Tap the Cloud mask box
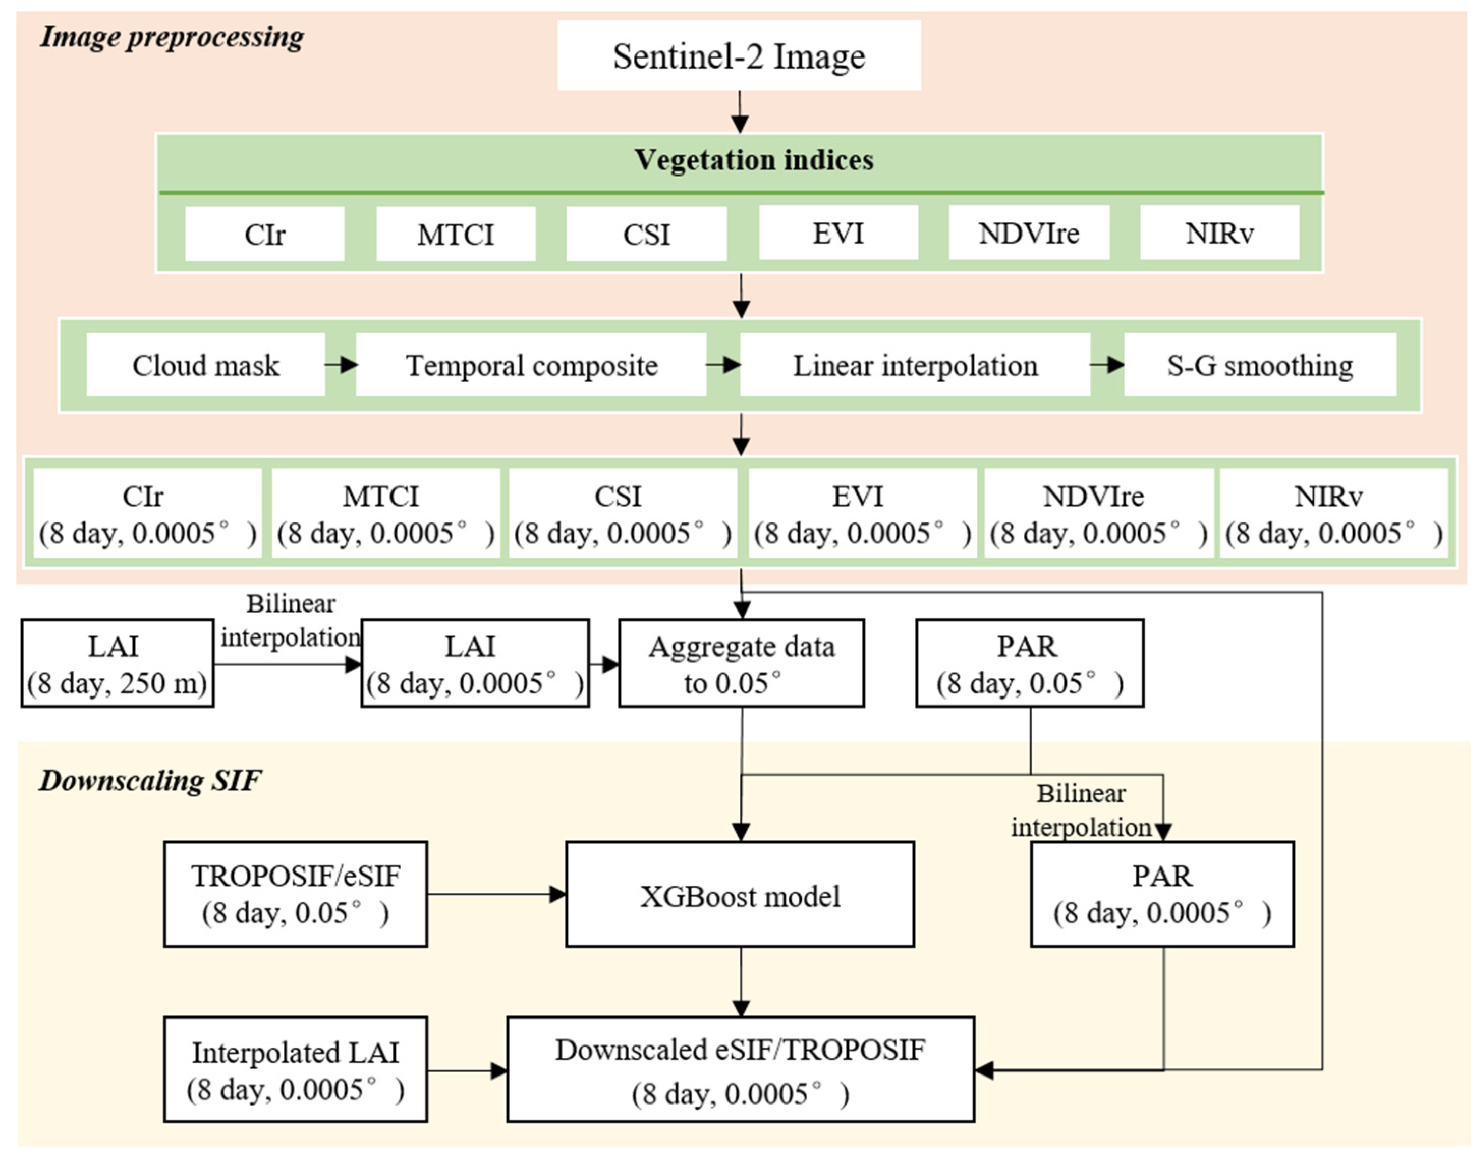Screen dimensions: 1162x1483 coord(206,365)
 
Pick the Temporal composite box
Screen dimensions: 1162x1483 coord(531,365)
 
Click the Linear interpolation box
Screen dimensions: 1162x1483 coord(915,365)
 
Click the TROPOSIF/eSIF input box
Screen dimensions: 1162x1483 coord(295,894)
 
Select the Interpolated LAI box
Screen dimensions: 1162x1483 coord(295,1070)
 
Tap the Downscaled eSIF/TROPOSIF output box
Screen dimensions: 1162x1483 coord(740,1070)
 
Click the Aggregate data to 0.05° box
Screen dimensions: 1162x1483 coord(741,663)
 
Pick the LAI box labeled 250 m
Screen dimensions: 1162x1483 coord(117,663)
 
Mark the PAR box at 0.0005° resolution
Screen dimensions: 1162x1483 coord(1162,894)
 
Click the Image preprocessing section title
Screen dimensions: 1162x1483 coord(172,37)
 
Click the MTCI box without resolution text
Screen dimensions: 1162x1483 coord(455,234)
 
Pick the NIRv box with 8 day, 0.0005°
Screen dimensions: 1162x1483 coord(1333,514)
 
